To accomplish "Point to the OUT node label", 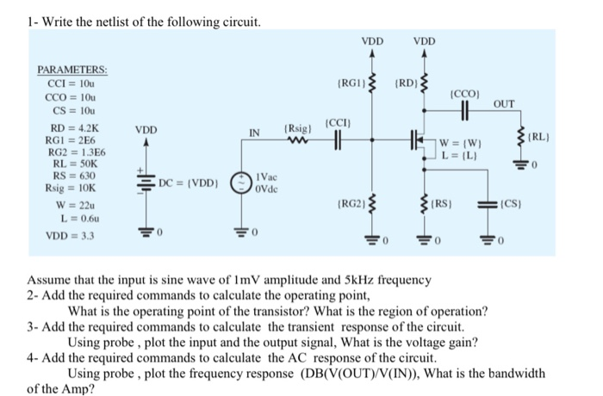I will (504, 106).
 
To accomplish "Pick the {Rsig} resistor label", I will (298, 129).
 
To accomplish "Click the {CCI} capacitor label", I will (338, 123).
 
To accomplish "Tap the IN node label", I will (255, 133).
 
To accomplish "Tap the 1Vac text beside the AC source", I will (267, 176).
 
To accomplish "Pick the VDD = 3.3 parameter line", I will (74, 235).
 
